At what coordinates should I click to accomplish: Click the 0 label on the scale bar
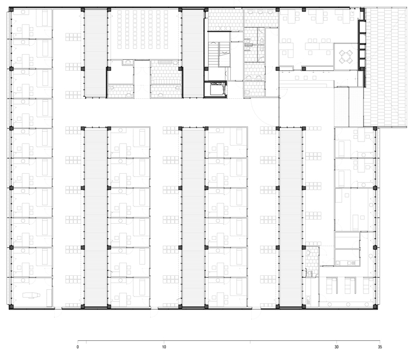77,346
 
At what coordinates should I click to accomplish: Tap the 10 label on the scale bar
164,346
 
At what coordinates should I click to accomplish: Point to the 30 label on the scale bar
336,346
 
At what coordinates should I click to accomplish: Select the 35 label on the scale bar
380,346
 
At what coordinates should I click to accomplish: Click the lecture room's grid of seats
143,30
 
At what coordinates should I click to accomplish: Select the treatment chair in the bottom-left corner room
31,295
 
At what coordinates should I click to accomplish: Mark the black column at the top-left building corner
11,9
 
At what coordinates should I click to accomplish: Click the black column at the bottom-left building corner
11,307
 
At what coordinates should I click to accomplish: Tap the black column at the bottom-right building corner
375,307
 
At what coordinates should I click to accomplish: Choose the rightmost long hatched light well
291,217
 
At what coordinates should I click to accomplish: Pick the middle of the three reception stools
306,78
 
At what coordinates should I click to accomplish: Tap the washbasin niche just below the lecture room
127,62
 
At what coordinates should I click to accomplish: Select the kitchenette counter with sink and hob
347,263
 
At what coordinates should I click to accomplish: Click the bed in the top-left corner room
45,18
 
